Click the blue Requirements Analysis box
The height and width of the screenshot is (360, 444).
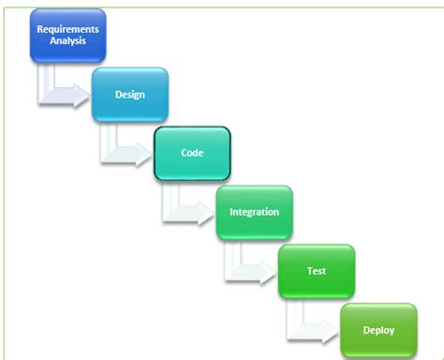click(67, 36)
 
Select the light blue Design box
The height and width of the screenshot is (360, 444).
click(129, 95)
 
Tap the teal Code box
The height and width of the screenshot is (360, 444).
click(192, 153)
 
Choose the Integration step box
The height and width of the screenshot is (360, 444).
click(254, 212)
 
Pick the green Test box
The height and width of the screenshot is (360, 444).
click(317, 271)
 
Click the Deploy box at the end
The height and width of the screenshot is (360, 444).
click(378, 329)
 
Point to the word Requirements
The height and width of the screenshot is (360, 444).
click(67, 29)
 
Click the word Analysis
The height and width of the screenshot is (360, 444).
click(67, 41)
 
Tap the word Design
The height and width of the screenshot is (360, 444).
click(129, 95)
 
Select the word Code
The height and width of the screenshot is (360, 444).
click(192, 153)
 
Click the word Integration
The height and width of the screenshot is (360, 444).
click(254, 212)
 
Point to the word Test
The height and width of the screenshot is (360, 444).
click(317, 271)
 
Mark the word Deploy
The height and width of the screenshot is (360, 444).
click(378, 330)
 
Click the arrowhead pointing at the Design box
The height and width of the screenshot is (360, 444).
click(81, 94)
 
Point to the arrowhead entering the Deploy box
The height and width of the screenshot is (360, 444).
click(329, 329)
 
